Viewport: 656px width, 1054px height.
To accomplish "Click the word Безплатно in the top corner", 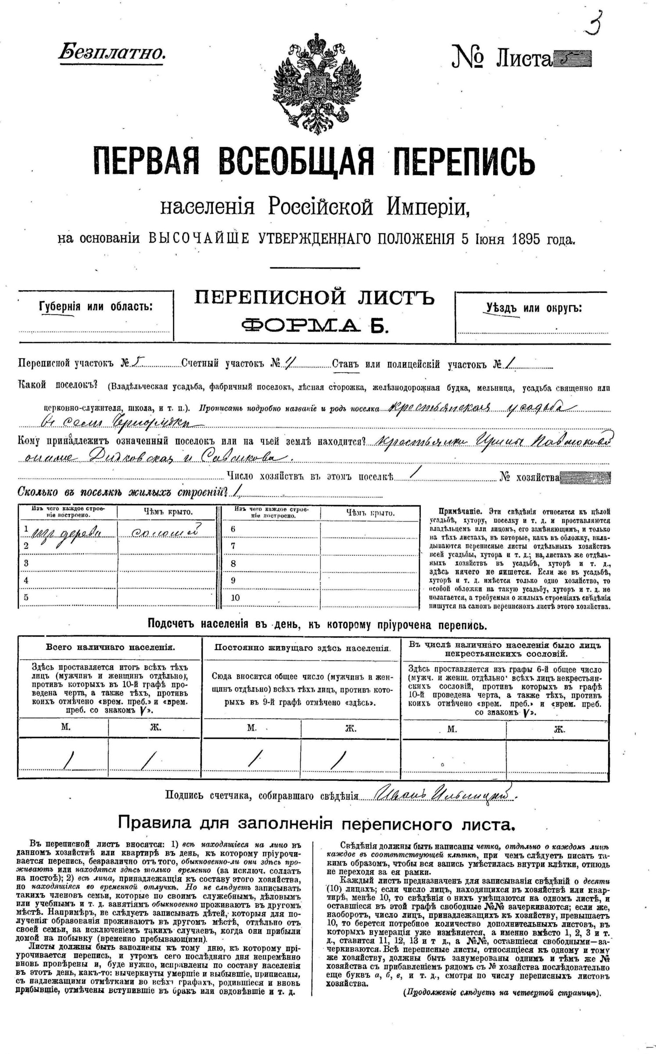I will pos(112,53).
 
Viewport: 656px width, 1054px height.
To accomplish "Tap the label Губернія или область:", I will pos(96,306).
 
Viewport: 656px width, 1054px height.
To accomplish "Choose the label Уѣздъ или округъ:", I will pos(534,308).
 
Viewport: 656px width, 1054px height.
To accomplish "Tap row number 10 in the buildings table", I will pos(235,597).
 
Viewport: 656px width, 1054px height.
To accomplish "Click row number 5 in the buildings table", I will pos(26,597).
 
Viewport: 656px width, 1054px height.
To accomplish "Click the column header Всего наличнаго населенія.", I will pos(110,647).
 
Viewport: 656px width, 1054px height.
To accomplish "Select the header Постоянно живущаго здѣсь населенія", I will pos(302,648).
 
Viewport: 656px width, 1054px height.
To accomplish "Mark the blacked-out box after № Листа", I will pos(572,59).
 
